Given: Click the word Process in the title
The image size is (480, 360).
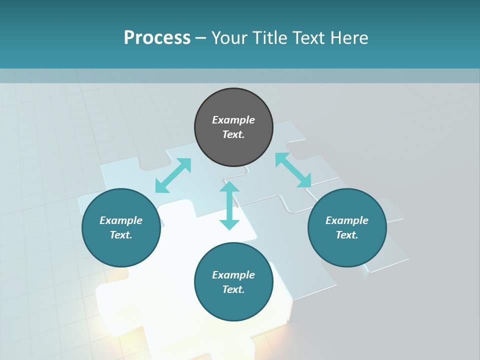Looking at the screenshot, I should pyautogui.click(x=157, y=38).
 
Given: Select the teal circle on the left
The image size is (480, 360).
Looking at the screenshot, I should pyautogui.click(x=121, y=250).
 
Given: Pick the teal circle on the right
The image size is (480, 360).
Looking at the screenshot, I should pyautogui.click(x=347, y=250).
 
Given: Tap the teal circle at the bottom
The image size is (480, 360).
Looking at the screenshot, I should pyautogui.click(x=233, y=305).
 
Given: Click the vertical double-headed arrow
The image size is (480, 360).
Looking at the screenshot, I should pyautogui.click(x=229, y=205).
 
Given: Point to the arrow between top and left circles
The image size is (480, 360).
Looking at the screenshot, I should pyautogui.click(x=173, y=175).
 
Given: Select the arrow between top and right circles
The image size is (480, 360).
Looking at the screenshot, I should pyautogui.click(x=293, y=170).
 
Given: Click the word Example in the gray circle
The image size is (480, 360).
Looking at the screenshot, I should pyautogui.click(x=233, y=120).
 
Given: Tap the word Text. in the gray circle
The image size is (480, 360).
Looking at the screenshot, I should pyautogui.click(x=233, y=134).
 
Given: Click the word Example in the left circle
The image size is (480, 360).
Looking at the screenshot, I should pyautogui.click(x=121, y=220).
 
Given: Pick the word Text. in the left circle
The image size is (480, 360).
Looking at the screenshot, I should pyautogui.click(x=121, y=235).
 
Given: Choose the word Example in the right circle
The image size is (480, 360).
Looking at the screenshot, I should pyautogui.click(x=347, y=220).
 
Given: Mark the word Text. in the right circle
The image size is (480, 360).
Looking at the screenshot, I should pyautogui.click(x=347, y=235).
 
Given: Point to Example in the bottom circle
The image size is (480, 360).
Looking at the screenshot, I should pyautogui.click(x=233, y=275).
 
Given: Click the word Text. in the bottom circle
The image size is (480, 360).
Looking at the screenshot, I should pyautogui.click(x=233, y=289).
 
